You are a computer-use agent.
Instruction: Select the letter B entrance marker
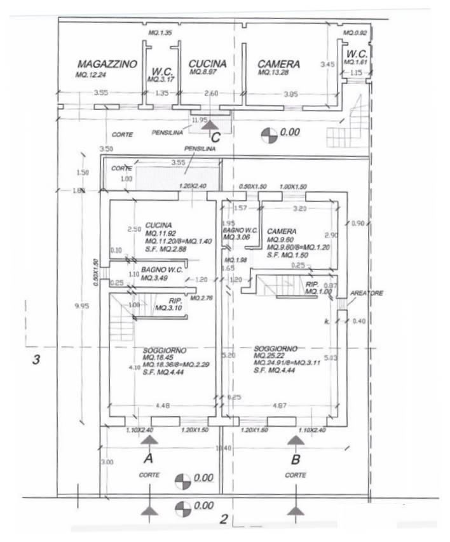point(296,457)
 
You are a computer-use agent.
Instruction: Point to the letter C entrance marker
point(215,136)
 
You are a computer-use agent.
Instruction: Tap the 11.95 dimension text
point(200,119)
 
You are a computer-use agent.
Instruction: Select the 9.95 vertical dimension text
point(81,306)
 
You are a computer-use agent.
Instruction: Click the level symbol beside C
point(269,133)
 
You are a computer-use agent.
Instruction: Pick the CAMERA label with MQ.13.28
point(278,64)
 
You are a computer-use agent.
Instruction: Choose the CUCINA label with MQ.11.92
point(157,225)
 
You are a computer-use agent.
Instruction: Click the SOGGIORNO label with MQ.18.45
point(165,350)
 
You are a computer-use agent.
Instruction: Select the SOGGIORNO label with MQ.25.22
point(275,349)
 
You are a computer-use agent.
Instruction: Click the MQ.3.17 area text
point(157,80)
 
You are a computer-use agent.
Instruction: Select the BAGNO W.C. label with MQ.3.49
point(162,271)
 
